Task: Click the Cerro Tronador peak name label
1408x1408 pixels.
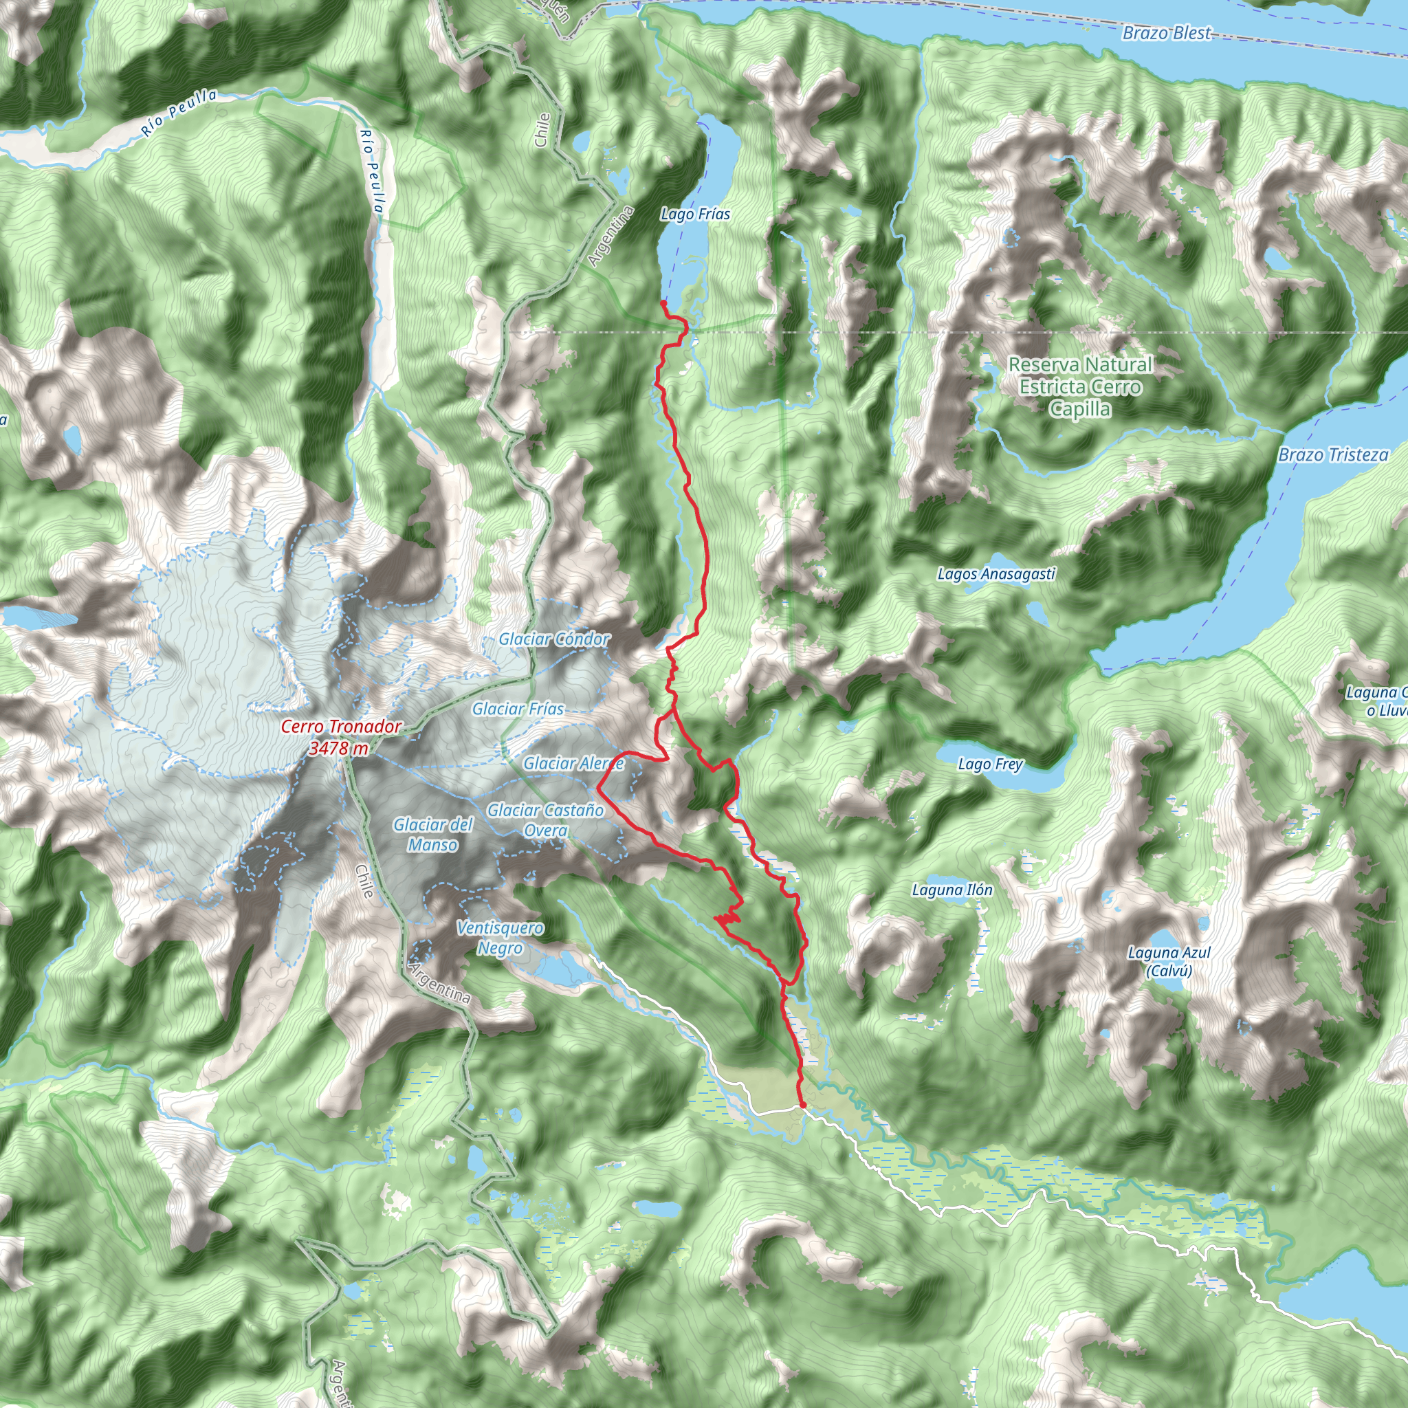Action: point(341,727)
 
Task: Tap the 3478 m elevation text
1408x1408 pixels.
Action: point(338,749)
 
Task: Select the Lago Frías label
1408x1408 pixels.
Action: point(695,214)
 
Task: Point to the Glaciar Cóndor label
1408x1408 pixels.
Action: point(555,639)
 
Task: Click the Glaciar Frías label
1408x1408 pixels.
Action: point(518,708)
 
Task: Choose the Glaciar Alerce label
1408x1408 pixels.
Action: point(573,763)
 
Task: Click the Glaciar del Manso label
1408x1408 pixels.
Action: point(433,835)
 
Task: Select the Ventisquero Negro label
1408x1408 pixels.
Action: point(500,938)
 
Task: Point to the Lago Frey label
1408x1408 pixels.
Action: point(991,764)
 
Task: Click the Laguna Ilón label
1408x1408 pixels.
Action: point(951,890)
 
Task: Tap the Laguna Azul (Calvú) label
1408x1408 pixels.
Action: point(1169,961)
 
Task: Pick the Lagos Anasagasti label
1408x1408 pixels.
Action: point(996,574)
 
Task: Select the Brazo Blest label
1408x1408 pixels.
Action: point(1166,33)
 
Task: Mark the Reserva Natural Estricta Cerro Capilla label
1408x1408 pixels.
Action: point(1080,386)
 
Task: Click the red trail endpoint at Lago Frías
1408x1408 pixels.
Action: point(663,302)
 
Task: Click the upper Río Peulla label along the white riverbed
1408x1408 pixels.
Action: point(179,112)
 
